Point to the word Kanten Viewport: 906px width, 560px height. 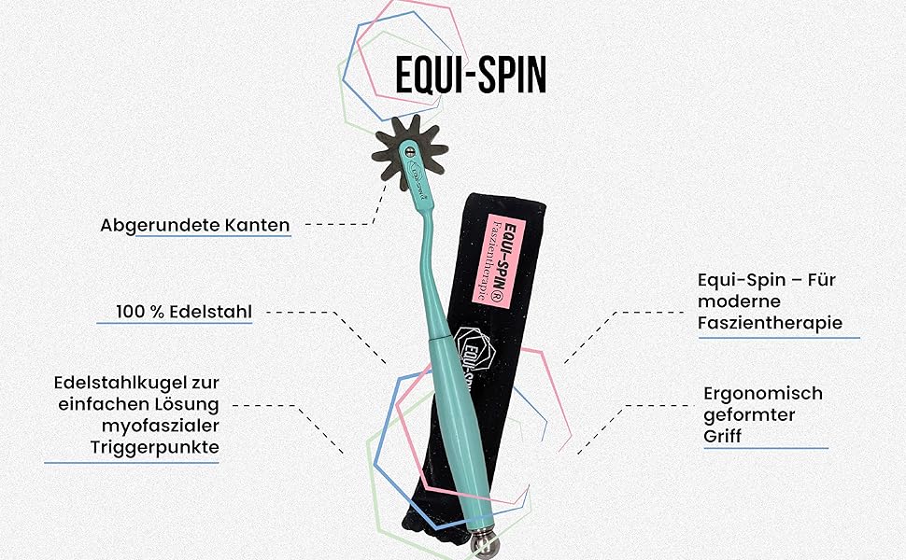259,225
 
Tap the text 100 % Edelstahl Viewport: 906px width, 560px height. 184,311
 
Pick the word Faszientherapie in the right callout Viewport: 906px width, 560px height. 770,323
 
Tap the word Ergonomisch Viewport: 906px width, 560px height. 762,393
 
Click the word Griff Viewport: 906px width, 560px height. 724,435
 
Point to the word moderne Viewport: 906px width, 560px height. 739,301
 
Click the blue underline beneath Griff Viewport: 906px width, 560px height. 765,449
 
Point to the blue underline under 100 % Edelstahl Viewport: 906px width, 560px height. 174,324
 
